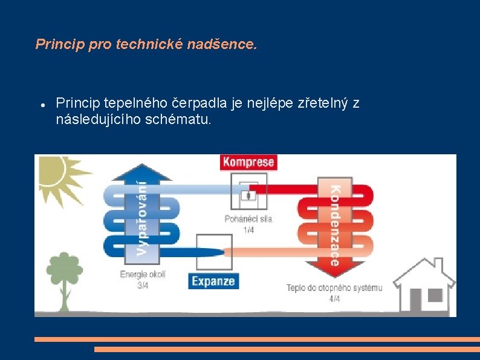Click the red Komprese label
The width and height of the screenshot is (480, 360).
(x=248, y=162)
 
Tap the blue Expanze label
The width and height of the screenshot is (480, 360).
(x=213, y=281)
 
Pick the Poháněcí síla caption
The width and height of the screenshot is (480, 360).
(x=248, y=218)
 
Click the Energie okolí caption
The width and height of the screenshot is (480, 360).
(x=143, y=274)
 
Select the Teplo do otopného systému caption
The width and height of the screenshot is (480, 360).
(x=334, y=287)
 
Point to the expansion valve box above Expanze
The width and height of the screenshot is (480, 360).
(x=213, y=253)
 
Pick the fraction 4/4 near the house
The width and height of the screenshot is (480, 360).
(x=334, y=299)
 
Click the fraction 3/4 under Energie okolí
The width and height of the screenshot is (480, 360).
(x=143, y=286)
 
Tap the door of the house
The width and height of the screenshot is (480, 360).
(x=415, y=299)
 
